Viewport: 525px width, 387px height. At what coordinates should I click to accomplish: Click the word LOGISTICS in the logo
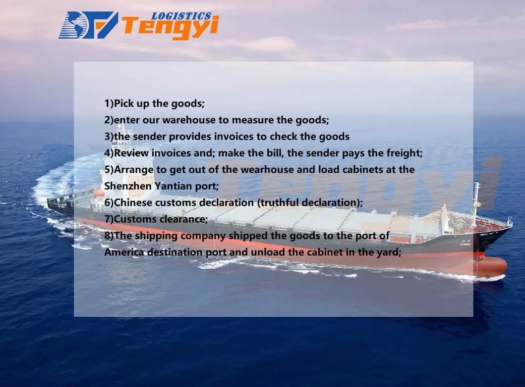181,16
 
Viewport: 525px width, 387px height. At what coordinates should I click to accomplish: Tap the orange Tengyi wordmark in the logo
170,28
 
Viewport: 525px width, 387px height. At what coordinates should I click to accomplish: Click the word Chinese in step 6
133,202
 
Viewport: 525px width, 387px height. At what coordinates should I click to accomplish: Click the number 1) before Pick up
109,103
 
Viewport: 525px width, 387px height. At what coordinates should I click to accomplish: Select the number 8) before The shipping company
109,236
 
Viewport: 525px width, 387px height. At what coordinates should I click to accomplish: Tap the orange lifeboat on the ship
99,193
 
